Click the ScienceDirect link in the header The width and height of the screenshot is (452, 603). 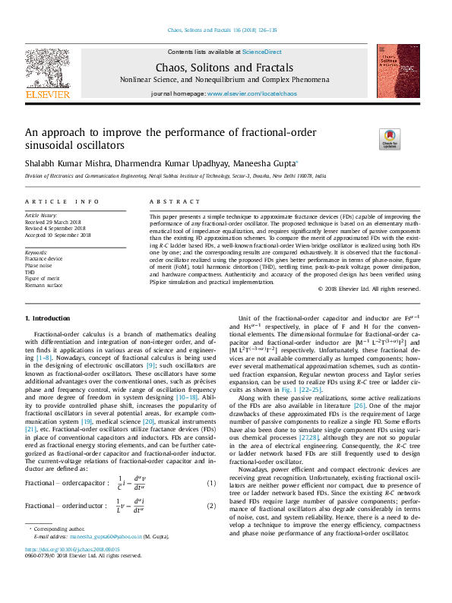(x=261, y=52)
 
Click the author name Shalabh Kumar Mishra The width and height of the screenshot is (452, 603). (x=70, y=163)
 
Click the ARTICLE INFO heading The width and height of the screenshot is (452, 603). (x=62, y=201)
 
